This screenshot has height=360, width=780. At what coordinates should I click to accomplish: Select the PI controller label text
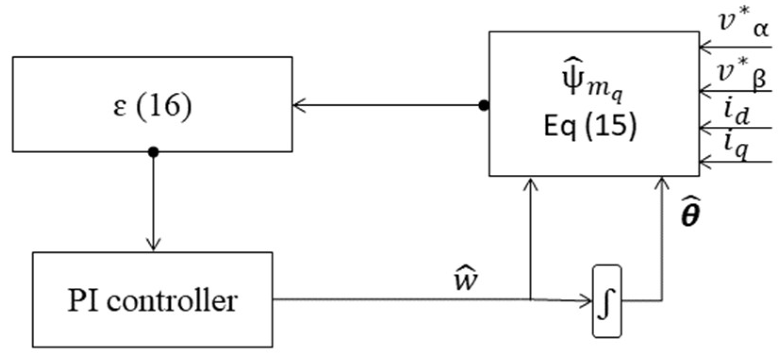[x=152, y=300]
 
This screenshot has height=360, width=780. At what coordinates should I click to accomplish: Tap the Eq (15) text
[x=590, y=126]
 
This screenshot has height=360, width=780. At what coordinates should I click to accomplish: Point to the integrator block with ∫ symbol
[x=607, y=301]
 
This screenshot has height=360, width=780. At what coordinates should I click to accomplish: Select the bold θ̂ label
[x=689, y=213]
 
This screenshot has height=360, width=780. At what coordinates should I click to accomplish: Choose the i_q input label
[x=736, y=148]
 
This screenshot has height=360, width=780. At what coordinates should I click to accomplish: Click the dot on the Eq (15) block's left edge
[x=484, y=106]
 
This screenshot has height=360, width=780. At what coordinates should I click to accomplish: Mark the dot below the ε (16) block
[x=153, y=152]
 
